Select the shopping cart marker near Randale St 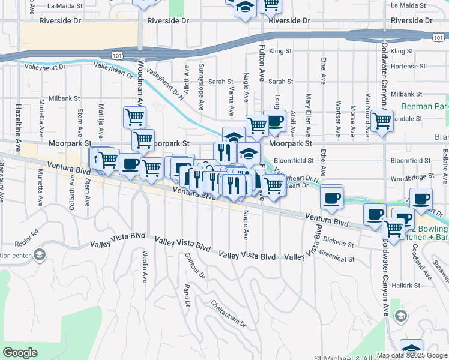pyautogui.click(x=382, y=121)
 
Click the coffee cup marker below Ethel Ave pyautogui.click(x=331, y=198)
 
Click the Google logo pyautogui.click(x=20, y=353)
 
